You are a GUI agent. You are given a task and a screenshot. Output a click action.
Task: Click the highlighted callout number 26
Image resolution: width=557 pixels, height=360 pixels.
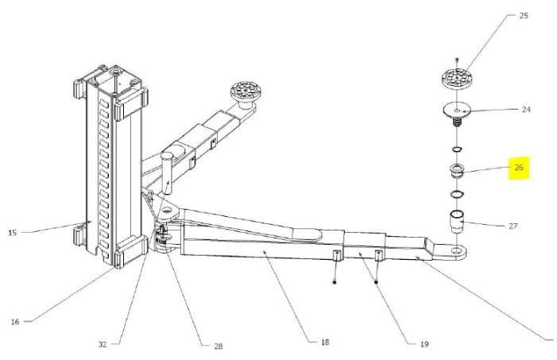[519, 167]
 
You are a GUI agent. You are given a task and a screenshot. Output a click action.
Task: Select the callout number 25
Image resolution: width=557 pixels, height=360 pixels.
[524, 16]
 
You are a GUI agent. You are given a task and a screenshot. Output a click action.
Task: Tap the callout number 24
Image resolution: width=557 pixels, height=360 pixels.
[526, 110]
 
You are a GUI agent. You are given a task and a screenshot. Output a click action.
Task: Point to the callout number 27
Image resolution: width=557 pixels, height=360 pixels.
[513, 226]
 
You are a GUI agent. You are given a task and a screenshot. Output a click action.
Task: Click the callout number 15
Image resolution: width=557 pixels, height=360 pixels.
[13, 233]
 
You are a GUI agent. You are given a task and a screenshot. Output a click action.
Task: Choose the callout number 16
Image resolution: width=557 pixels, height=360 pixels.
[14, 322]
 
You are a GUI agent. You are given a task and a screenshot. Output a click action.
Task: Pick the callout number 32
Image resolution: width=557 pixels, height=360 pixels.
[103, 344]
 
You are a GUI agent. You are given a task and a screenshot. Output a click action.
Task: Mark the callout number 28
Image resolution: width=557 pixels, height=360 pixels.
[218, 346]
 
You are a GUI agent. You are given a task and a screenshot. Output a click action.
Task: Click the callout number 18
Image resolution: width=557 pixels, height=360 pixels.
[325, 343]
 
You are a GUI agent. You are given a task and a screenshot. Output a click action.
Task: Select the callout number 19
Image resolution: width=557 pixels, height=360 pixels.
[424, 344]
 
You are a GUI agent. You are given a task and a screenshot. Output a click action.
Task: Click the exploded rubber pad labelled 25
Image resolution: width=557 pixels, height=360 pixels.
[457, 78]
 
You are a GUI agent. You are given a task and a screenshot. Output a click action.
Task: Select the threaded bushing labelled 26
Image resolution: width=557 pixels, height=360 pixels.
[456, 171]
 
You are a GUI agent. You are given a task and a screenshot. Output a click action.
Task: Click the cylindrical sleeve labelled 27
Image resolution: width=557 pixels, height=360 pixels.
[457, 221]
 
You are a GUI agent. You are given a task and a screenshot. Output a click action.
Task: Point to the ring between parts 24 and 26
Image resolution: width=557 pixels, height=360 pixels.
[457, 149]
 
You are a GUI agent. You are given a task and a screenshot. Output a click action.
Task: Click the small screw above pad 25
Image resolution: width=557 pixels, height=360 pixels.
[457, 60]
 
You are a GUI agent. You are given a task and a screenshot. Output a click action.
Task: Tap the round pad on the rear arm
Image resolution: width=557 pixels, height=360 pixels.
[246, 90]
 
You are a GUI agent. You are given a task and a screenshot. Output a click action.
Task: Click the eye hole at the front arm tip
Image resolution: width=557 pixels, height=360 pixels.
[455, 251]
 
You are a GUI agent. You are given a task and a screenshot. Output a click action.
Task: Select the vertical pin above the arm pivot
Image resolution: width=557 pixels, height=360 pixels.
[166, 172]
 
